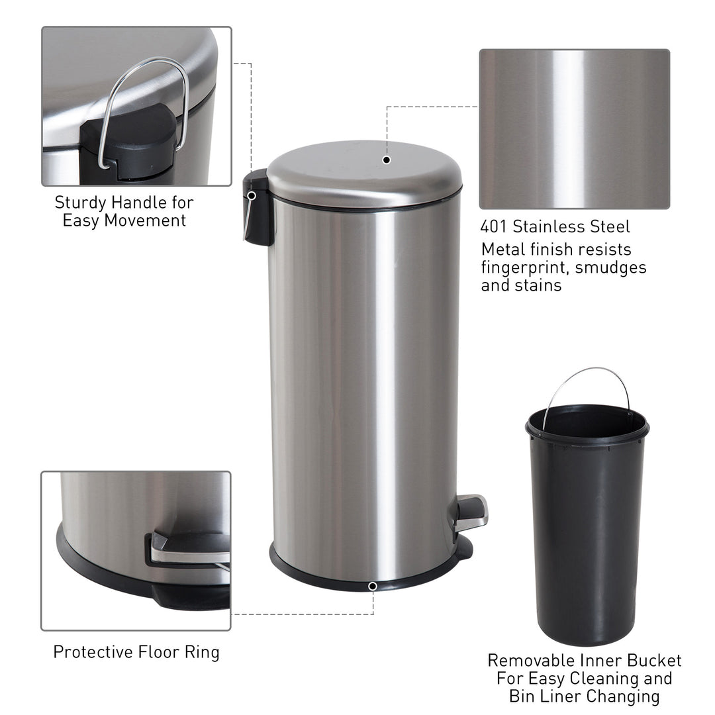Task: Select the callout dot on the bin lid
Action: (387, 160)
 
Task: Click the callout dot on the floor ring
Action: (373, 586)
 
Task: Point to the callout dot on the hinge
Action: (252, 196)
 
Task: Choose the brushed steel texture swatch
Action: (574, 128)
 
